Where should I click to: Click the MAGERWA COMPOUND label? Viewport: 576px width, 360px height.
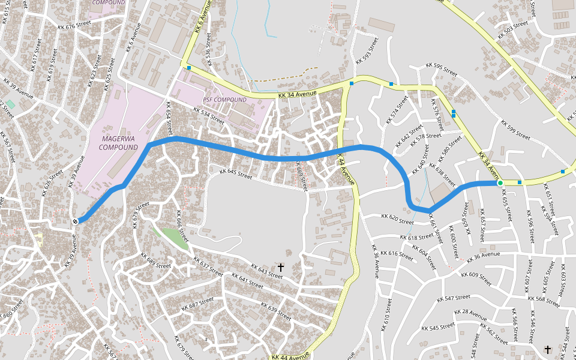pyautogui.click(x=119, y=143)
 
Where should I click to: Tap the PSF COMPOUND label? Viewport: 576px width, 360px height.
pyautogui.click(x=224, y=100)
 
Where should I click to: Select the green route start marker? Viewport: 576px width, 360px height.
pyautogui.click(x=500, y=182)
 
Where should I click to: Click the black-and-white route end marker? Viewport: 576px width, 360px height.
pyautogui.click(x=76, y=221)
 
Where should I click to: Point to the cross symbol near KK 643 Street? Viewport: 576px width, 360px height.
pyautogui.click(x=280, y=267)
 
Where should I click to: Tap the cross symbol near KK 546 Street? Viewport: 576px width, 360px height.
pyautogui.click(x=547, y=349)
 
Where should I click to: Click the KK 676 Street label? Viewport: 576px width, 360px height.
pyautogui.click(x=74, y=26)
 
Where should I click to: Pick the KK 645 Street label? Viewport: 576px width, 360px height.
pyautogui.click(x=236, y=173)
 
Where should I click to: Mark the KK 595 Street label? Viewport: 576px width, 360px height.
pyautogui.click(x=442, y=67)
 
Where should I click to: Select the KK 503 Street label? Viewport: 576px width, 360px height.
pyautogui.click(x=513, y=29)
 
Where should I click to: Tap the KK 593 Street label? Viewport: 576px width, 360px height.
pyautogui.click(x=367, y=50)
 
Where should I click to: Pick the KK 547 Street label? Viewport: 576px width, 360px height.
pyautogui.click(x=454, y=298)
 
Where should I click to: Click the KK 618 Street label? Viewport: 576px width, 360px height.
pyautogui.click(x=416, y=238)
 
